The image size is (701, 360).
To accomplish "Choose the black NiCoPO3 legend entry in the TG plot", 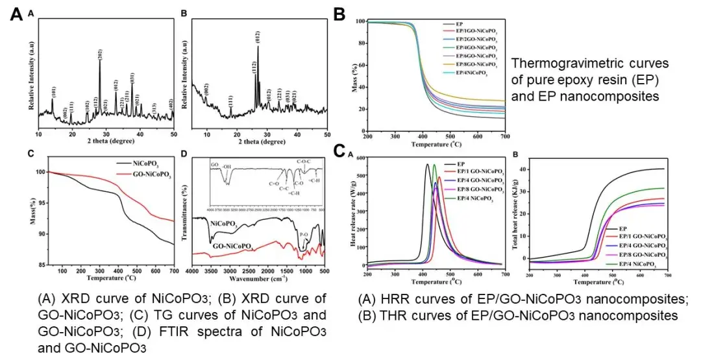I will [138, 166].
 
